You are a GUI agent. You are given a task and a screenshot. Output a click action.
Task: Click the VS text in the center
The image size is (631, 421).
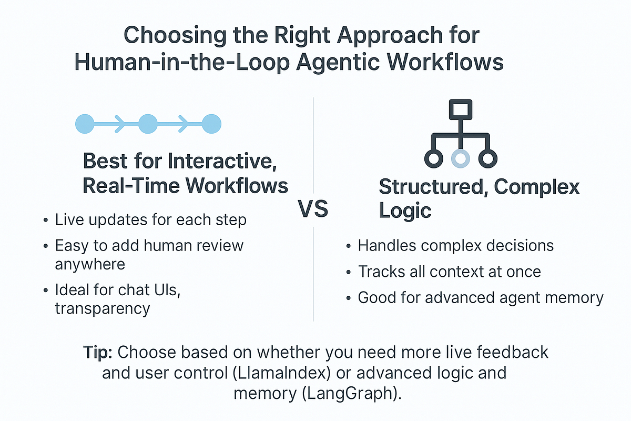(313, 209)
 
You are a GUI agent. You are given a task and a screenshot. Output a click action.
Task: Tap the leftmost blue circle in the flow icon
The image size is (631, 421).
(85, 124)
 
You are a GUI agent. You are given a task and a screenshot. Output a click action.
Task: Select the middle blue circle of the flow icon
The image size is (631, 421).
(148, 124)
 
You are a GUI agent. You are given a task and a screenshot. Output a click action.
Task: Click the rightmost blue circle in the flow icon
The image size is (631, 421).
(211, 124)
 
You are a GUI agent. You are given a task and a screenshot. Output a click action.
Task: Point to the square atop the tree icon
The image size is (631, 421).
(461, 110)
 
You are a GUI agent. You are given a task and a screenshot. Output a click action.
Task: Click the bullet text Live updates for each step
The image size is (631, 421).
(150, 219)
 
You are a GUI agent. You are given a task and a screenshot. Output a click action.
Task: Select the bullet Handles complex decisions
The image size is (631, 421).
(455, 245)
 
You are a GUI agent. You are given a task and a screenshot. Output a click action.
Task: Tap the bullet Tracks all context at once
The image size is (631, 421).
(450, 272)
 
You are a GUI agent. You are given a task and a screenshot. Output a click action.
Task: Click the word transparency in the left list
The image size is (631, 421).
(103, 308)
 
